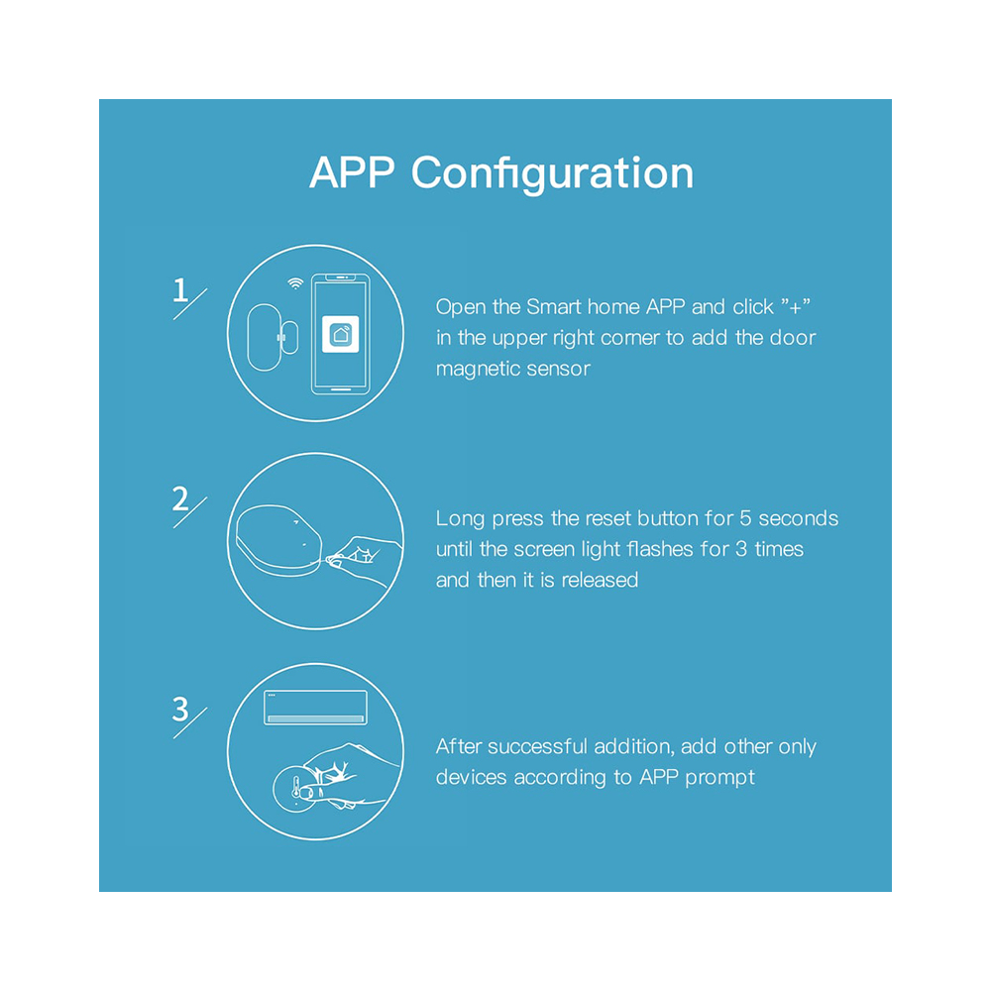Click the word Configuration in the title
click(x=553, y=174)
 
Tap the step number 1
click(x=179, y=290)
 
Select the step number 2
click(x=179, y=498)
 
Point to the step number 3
click(x=179, y=710)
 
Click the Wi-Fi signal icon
click(x=295, y=284)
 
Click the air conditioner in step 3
click(x=315, y=708)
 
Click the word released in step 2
click(x=600, y=580)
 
